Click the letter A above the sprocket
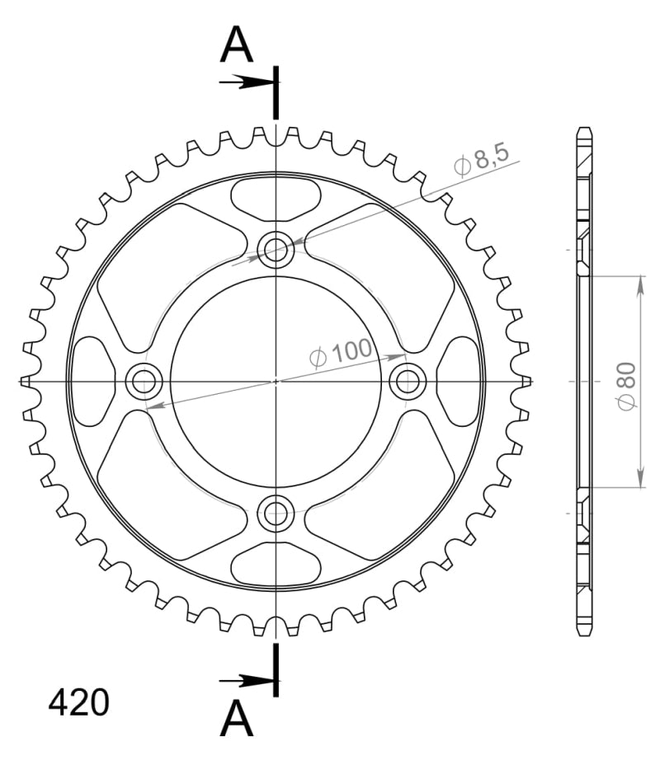click(237, 45)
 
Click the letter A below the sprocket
click(237, 718)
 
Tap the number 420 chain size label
click(78, 703)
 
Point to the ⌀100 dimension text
click(341, 352)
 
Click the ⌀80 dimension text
click(626, 386)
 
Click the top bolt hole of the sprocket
click(276, 250)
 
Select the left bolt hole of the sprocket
click(144, 381)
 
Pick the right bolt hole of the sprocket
click(408, 381)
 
